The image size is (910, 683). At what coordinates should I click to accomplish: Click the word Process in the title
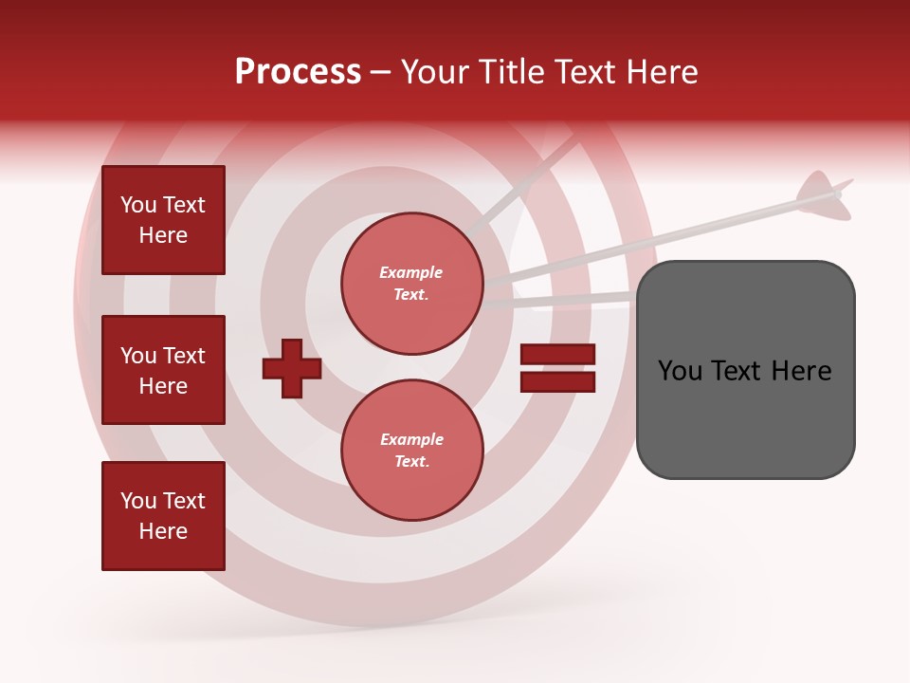pyautogui.click(x=298, y=71)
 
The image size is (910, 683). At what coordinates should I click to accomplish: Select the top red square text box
pyautogui.click(x=163, y=220)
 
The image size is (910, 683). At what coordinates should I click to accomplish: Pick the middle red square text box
pyautogui.click(x=163, y=370)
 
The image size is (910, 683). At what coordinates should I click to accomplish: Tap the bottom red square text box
pyautogui.click(x=163, y=516)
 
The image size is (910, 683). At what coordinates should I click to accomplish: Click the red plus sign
pyautogui.click(x=292, y=368)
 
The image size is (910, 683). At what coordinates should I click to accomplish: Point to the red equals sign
pyautogui.click(x=557, y=368)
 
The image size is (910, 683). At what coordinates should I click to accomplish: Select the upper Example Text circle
pyautogui.click(x=411, y=284)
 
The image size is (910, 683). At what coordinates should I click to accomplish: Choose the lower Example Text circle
pyautogui.click(x=411, y=451)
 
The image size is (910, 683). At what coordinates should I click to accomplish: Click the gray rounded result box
pyautogui.click(x=745, y=369)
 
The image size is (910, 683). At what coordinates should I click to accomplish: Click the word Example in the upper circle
pyautogui.click(x=411, y=272)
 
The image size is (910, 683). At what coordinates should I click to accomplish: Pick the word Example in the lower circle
pyautogui.click(x=411, y=439)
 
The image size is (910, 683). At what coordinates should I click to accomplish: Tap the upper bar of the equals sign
pyautogui.click(x=557, y=355)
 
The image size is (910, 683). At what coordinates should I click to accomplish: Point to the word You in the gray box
pyautogui.click(x=681, y=371)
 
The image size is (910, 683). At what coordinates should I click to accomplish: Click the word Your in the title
pyautogui.click(x=437, y=71)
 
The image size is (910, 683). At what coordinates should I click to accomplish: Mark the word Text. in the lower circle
pyautogui.click(x=411, y=462)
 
